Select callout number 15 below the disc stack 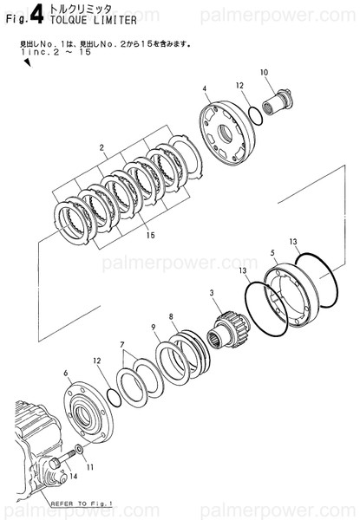[150, 235]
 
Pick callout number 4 [205, 89]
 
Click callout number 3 [211, 295]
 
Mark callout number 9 [153, 327]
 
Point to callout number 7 [123, 344]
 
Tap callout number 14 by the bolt [74, 477]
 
